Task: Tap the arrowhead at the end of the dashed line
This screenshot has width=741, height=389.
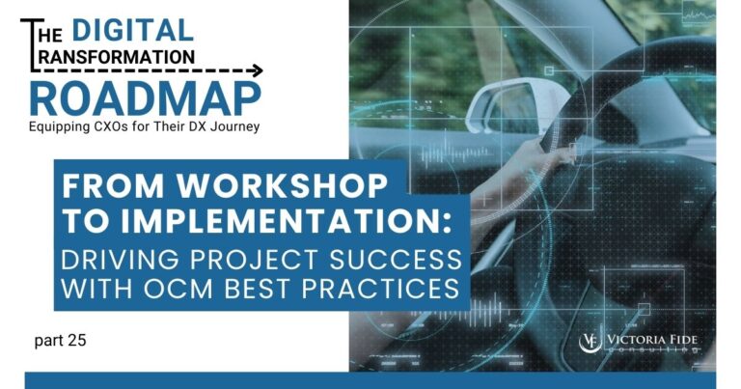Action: pyautogui.click(x=256, y=70)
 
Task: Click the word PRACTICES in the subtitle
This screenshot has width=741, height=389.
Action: pyautogui.click(x=387, y=288)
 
